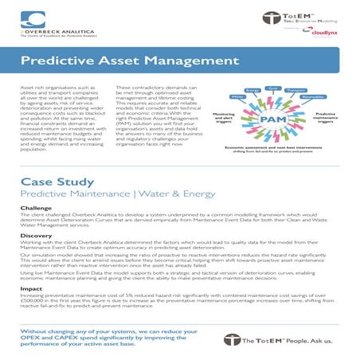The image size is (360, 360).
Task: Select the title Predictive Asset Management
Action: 110,61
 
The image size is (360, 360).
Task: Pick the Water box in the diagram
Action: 237,96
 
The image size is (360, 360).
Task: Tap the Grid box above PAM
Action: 272,88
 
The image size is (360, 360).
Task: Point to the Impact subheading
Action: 32,288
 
